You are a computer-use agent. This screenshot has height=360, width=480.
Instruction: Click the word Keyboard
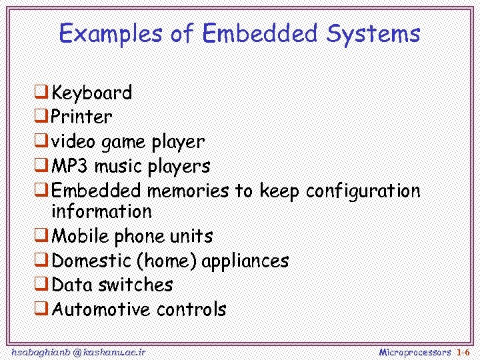[92, 92]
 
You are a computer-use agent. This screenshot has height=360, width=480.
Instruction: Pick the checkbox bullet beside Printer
[41, 116]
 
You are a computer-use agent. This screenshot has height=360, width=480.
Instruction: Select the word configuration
[363, 191]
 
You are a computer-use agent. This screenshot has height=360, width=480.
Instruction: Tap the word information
[101, 212]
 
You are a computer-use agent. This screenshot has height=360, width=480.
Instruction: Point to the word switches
[135, 285]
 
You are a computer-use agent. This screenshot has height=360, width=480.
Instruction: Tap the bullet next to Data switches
[41, 284]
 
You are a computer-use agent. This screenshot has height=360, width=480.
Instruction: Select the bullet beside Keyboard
[41, 91]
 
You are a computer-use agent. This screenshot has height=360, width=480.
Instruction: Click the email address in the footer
[79, 351]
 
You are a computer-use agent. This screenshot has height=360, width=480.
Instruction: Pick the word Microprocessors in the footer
[415, 351]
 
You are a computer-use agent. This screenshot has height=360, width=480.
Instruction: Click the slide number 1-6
[463, 351]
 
